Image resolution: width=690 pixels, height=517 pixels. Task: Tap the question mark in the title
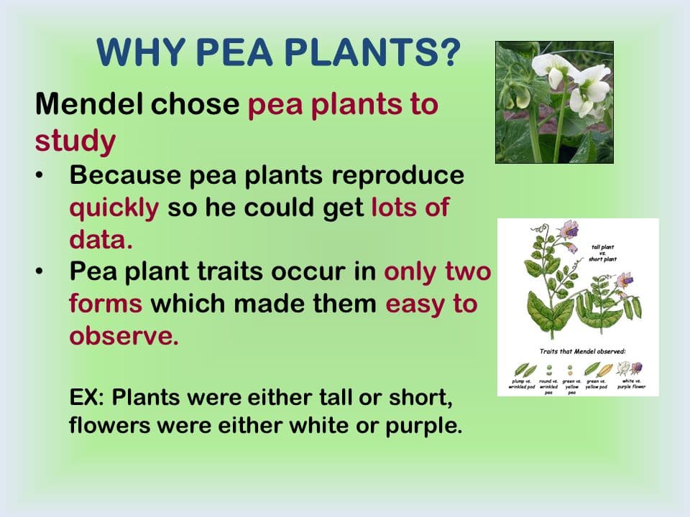[447, 52]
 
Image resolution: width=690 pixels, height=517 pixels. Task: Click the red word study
[75, 141]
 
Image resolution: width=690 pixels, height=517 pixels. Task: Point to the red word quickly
[114, 208]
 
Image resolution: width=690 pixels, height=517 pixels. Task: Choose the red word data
[101, 239]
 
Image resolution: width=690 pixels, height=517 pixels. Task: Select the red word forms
[105, 304]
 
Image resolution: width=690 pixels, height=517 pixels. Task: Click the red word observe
[123, 336]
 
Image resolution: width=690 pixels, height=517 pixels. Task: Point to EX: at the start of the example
[88, 397]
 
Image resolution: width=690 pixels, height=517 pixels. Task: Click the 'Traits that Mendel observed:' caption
[582, 352]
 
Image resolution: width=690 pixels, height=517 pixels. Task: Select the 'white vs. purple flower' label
[630, 383]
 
